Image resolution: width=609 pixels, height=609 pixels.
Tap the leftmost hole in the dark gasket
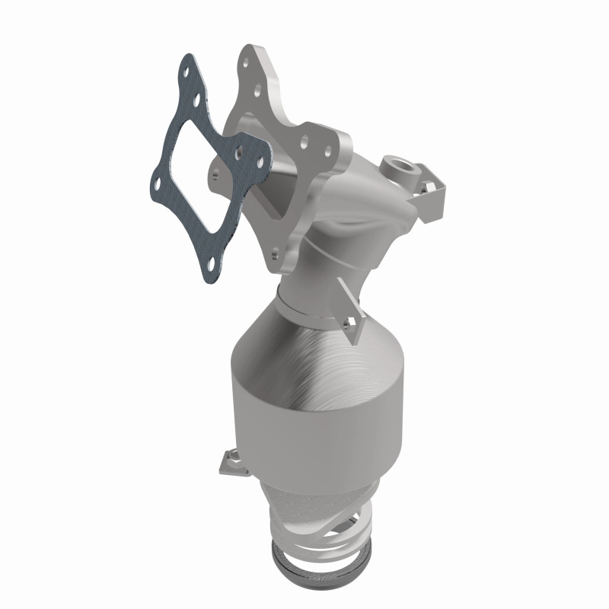pos(155,183)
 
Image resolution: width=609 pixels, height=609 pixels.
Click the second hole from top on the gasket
pos(199,98)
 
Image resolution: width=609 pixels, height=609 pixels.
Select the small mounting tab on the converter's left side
pos(226,461)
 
